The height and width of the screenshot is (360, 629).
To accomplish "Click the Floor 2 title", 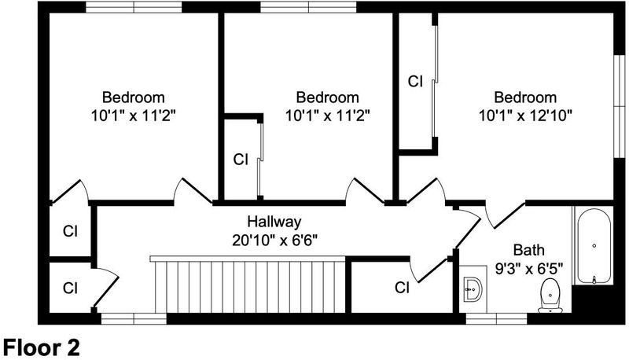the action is (42, 347).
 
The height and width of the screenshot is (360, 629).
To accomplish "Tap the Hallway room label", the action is (274, 222).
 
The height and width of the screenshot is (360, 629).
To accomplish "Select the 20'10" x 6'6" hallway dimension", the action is (274, 241).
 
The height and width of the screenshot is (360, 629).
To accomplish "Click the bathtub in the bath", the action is (594, 246).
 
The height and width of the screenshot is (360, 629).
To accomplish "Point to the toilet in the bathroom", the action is (550, 296).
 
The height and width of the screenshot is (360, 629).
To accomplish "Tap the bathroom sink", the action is (473, 288).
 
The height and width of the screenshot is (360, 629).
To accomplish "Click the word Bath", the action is (529, 250).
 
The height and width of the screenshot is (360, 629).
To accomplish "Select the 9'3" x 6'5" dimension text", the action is (529, 268).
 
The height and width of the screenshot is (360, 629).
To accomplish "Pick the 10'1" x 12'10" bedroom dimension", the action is (525, 116).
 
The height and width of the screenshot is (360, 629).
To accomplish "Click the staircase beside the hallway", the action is (248, 285).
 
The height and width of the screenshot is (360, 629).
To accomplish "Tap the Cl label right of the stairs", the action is (402, 288).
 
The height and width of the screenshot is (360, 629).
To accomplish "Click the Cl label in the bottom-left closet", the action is (70, 288).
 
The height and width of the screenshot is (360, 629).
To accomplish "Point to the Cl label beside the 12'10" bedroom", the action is (415, 82).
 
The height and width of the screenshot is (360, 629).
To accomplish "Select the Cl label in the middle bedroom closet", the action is (241, 160).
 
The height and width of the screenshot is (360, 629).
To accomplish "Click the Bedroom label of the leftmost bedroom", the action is (134, 97).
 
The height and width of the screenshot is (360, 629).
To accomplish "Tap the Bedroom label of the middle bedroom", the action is (327, 97).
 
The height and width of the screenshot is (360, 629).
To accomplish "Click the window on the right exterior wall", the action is (620, 106).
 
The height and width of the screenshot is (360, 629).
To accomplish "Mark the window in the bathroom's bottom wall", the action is (496, 318).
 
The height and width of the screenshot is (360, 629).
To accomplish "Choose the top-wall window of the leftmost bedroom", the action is (134, 7).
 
